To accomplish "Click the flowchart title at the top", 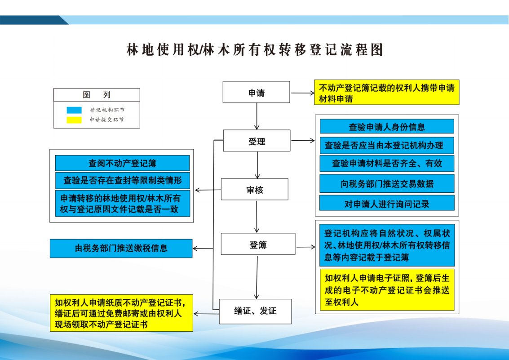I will pyautogui.click(x=255, y=50).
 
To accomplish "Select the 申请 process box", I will pyautogui.click(x=257, y=93).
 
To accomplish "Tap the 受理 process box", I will pyautogui.click(x=257, y=141).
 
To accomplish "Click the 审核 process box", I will pyautogui.click(x=254, y=189).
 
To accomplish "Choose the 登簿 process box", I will pyautogui.click(x=258, y=244).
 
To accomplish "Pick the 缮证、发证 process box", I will pyautogui.click(x=255, y=311).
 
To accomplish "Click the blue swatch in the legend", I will pyautogui.click(x=74, y=110).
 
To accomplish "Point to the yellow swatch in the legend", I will pyautogui.click(x=74, y=120).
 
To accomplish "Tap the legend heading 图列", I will pyautogui.click(x=97, y=95).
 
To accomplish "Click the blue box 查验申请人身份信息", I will pyautogui.click(x=387, y=126).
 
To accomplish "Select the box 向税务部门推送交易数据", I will pyautogui.click(x=387, y=183).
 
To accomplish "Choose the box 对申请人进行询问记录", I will pyautogui.click(x=387, y=203).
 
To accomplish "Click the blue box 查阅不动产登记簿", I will pyautogui.click(x=122, y=163).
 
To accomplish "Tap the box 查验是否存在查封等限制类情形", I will pyautogui.click(x=122, y=181).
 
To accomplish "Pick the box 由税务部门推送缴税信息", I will pyautogui.click(x=121, y=248).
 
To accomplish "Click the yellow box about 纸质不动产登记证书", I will pyautogui.click(x=121, y=313).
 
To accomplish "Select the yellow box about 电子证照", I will pyautogui.click(x=387, y=290).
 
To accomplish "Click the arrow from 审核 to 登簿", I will pyautogui.click(x=257, y=216).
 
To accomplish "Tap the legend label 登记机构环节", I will pyautogui.click(x=107, y=110).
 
